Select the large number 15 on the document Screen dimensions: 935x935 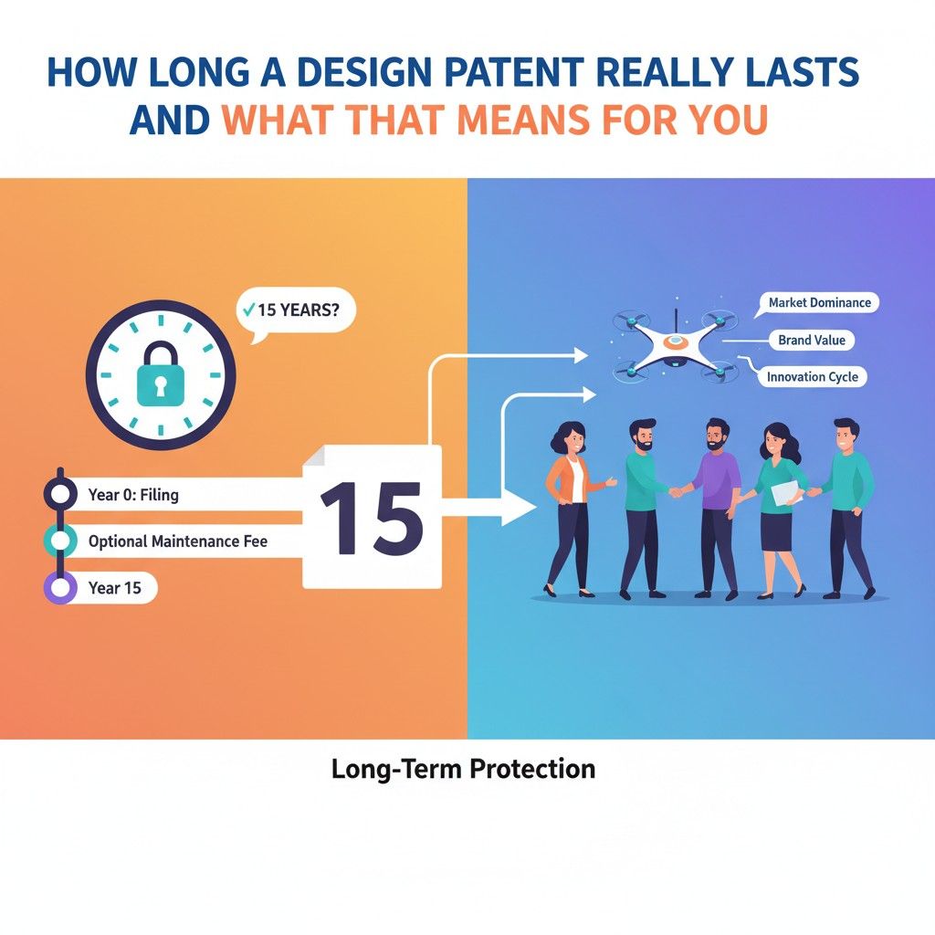(371, 518)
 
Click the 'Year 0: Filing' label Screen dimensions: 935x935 (133, 496)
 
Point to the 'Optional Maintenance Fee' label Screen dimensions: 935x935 (177, 541)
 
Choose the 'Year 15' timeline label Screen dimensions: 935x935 (115, 588)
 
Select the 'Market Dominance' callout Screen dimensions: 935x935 (819, 302)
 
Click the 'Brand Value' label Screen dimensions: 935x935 (811, 340)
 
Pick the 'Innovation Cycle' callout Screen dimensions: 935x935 (812, 376)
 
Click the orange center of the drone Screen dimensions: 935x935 (674, 342)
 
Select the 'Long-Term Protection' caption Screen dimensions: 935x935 (463, 769)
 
